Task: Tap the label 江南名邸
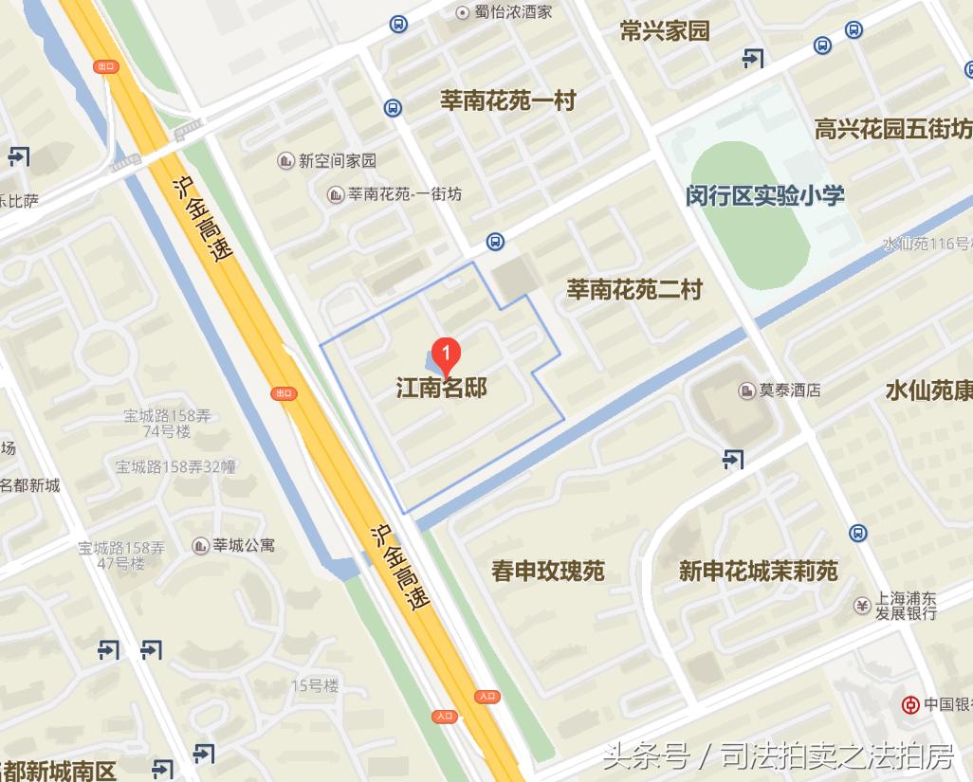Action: (x=441, y=388)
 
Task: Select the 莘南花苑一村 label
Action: (x=507, y=101)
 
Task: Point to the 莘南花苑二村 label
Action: (x=634, y=289)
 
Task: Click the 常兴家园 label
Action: (x=664, y=31)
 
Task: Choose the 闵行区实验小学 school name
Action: (x=764, y=196)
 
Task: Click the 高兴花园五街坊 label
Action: (x=892, y=129)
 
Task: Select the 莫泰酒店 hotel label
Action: (x=789, y=390)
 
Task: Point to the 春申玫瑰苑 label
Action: (x=547, y=572)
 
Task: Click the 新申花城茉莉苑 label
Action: (x=758, y=572)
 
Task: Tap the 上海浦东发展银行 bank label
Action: (x=905, y=606)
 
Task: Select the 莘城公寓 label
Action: (x=243, y=545)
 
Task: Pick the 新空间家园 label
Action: (x=337, y=161)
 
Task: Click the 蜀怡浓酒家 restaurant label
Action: (x=513, y=12)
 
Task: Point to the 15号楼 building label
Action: (x=315, y=685)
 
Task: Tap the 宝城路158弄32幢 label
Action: (x=175, y=466)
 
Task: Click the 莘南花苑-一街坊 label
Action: (x=404, y=194)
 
